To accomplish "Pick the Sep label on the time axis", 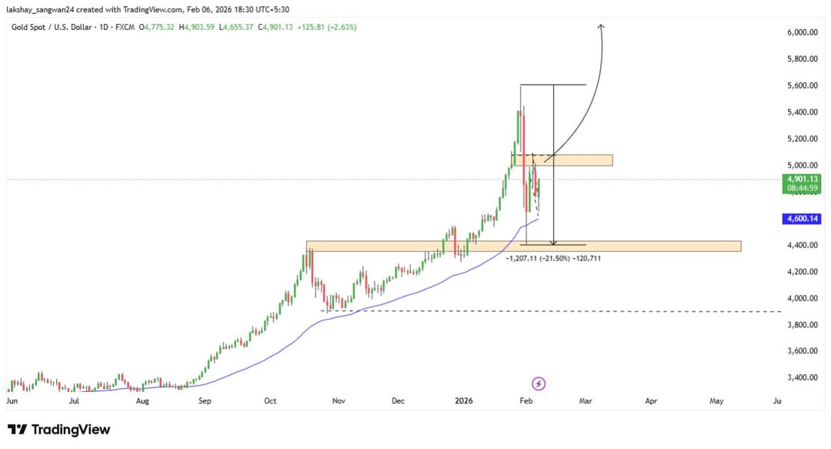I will (204, 401).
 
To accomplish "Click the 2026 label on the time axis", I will (463, 401).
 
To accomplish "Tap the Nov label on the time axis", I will (339, 401).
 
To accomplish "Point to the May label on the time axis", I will (716, 401).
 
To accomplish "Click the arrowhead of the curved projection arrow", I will (601, 27).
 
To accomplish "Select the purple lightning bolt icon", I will (539, 383).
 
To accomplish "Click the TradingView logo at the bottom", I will (59, 430).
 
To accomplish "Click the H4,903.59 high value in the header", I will (196, 27).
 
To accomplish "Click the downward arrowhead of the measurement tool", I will (553, 243).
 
